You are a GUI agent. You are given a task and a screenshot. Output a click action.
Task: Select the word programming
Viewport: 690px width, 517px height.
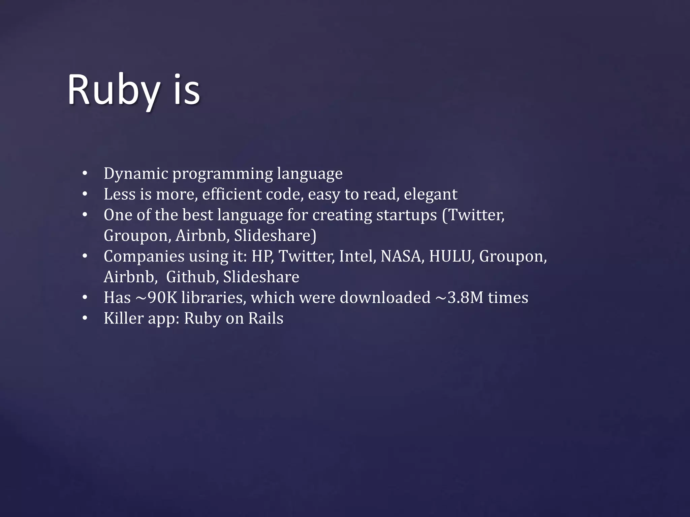(x=223, y=174)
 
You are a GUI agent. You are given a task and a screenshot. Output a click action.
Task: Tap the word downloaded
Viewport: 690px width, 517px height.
(x=385, y=298)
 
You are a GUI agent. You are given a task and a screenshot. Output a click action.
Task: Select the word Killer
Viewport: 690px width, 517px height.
(x=124, y=318)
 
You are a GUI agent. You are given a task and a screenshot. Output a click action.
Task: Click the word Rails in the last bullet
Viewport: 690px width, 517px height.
(x=266, y=318)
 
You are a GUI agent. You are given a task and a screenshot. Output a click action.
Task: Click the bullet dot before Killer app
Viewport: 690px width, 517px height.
(x=85, y=318)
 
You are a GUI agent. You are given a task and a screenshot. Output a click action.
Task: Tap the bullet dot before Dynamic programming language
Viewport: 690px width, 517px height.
(x=85, y=174)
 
